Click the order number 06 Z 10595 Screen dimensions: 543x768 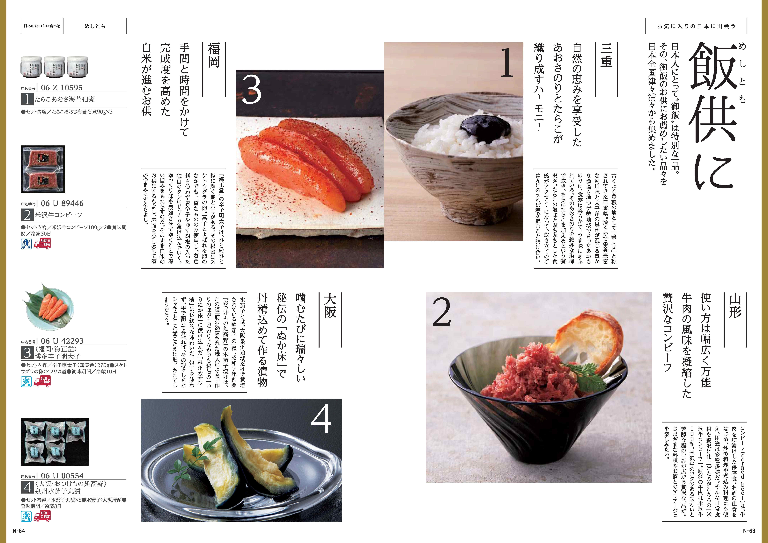tap(62, 88)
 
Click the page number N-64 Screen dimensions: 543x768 tap(19, 531)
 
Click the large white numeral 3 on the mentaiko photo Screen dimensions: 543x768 tap(252, 89)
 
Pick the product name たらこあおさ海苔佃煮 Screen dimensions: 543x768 tap(65, 99)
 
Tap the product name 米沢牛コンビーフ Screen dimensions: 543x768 tap(59, 215)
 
